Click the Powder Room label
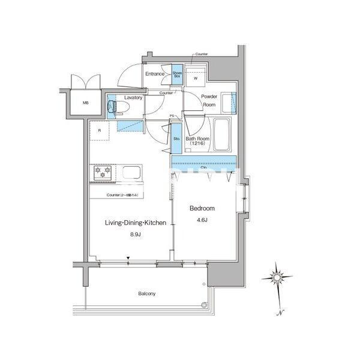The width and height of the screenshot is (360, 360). tap(208, 100)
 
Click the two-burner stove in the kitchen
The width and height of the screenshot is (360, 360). tap(103, 173)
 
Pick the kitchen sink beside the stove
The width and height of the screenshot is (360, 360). tap(131, 173)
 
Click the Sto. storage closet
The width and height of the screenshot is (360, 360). tap(177, 139)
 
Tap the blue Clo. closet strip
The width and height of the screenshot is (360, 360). tap(204, 162)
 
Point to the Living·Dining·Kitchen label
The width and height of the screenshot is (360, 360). tap(136, 223)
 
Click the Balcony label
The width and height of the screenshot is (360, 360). tap(147, 293)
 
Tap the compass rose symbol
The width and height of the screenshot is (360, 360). tap(278, 277)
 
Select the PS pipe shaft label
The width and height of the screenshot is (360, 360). tap(172, 116)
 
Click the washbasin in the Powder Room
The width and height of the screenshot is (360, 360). tap(229, 102)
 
